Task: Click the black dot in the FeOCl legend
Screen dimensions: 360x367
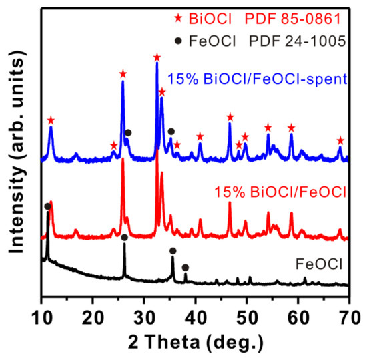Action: click(x=178, y=41)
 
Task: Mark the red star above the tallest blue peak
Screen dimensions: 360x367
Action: click(x=157, y=57)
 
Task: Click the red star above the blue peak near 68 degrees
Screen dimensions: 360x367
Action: click(x=340, y=140)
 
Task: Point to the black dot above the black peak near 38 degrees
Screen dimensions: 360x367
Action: click(x=186, y=267)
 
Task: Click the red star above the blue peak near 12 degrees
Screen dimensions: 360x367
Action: click(x=51, y=120)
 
